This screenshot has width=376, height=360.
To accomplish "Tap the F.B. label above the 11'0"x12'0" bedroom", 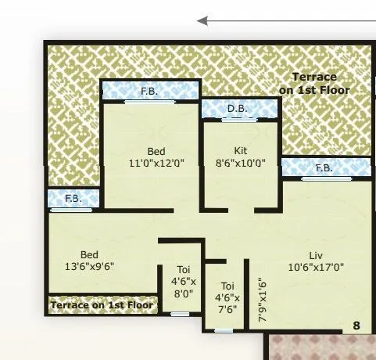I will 149,92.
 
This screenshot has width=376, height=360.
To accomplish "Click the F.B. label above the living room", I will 324,168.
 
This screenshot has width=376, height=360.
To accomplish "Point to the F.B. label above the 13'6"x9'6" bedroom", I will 73,199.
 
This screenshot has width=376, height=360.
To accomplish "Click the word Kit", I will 240,150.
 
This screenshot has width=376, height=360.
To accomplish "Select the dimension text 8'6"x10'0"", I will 240,164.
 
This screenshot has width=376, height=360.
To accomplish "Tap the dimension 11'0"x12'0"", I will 156,164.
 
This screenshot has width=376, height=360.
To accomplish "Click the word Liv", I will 317,254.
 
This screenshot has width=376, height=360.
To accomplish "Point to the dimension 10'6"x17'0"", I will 317,267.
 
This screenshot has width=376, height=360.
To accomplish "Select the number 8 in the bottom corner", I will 356,325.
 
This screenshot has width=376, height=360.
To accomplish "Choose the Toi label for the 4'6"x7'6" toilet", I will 227,286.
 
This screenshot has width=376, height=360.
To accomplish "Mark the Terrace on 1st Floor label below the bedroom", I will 102,304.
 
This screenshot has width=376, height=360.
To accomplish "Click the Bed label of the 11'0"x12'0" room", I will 156,151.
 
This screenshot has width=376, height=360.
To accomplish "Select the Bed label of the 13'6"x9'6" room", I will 88,255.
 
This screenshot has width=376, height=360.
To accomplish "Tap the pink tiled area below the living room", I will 320,347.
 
